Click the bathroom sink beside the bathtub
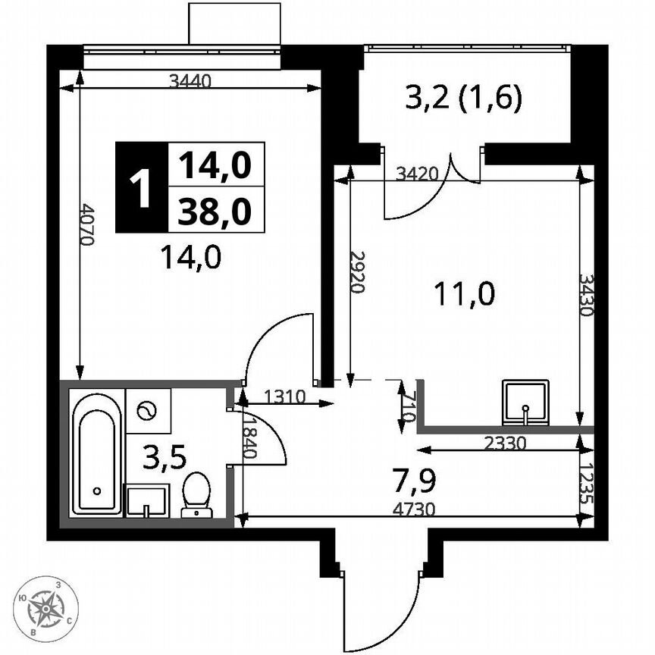point(146,501)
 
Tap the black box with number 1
point(139,187)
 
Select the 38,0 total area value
point(215,212)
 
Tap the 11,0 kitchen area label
point(464,293)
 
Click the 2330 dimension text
point(503,440)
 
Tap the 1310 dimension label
point(284,395)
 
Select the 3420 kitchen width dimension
point(418,173)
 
